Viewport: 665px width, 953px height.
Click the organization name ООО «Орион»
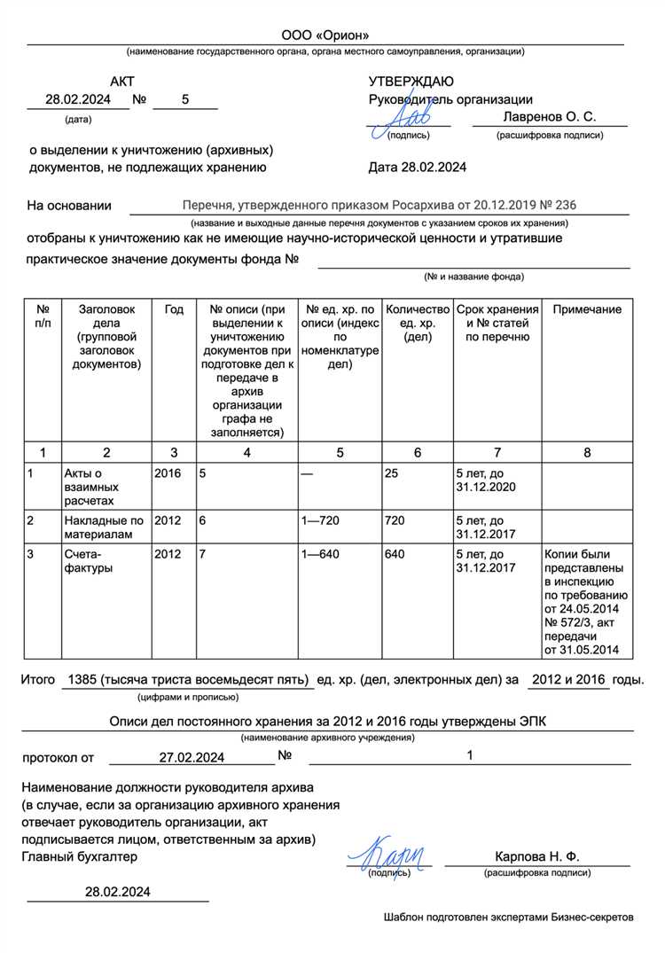(325, 35)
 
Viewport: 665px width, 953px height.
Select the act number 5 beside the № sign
(185, 100)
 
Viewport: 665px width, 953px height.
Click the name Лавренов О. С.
(549, 117)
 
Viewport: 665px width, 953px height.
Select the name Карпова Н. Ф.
(536, 856)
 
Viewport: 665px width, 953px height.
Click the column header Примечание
(587, 309)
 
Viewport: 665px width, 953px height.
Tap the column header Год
(174, 309)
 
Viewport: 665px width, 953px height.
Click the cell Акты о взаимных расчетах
(91, 488)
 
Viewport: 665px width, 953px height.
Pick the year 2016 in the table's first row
(168, 473)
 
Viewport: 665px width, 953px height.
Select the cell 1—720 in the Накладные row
(321, 520)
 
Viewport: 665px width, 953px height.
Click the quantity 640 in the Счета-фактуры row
(395, 554)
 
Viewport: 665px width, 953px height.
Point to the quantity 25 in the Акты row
(391, 473)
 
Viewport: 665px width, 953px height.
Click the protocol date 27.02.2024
(192, 757)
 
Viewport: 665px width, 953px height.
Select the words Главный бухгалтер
(80, 856)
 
